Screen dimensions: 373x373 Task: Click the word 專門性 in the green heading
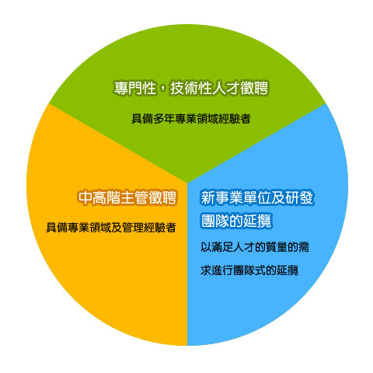(135, 89)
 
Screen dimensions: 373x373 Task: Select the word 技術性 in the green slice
(190, 89)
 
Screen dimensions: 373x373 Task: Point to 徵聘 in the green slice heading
(254, 89)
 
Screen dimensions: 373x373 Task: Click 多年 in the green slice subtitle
(164, 119)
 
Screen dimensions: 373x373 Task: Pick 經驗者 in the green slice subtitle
(235, 119)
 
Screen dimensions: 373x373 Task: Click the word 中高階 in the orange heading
(99, 197)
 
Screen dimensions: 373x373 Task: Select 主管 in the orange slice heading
(135, 197)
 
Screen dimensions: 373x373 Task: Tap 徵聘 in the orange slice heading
(163, 197)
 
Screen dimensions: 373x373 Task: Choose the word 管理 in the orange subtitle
(133, 228)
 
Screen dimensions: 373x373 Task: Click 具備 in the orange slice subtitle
(57, 228)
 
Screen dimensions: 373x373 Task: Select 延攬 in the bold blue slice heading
(257, 221)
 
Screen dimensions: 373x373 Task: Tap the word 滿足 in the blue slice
(222, 247)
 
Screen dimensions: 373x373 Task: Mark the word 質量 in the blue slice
(277, 247)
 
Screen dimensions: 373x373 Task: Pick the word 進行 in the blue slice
(222, 270)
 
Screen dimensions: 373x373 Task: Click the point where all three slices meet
(187, 183)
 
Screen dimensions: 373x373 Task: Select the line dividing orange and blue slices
(187, 264)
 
